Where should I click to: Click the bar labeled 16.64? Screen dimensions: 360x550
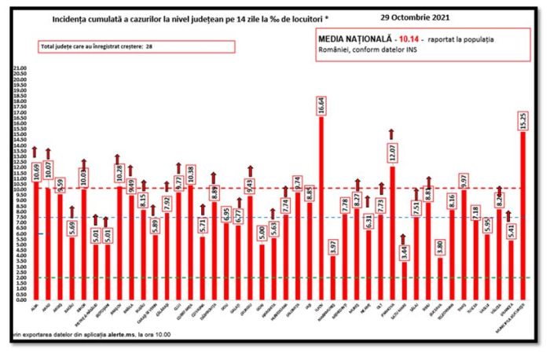pyautogui.click(x=321, y=212)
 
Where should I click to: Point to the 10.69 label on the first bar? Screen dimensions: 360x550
pyautogui.click(x=35, y=167)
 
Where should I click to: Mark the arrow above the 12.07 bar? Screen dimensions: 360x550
pyautogui.click(x=391, y=133)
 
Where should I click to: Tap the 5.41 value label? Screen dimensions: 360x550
pyautogui.click(x=511, y=233)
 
